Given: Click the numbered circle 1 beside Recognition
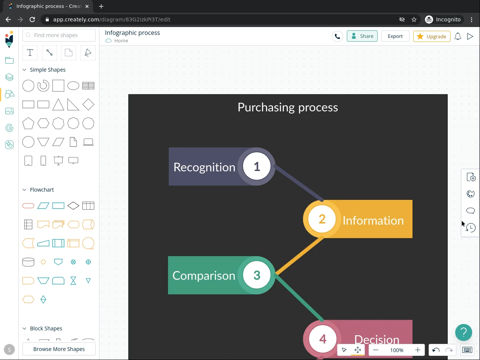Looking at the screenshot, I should pyautogui.click(x=257, y=166).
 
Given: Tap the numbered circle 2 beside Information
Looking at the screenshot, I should pyautogui.click(x=322, y=219).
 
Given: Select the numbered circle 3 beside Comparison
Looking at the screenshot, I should pyautogui.click(x=257, y=275).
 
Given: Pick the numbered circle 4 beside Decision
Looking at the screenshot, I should pyautogui.click(x=322, y=339).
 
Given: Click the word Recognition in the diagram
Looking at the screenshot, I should pyautogui.click(x=204, y=167).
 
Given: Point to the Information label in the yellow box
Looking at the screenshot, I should pyautogui.click(x=373, y=220).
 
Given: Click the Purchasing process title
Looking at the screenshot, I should pyautogui.click(x=288, y=108).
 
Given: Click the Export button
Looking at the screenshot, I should pyautogui.click(x=395, y=36).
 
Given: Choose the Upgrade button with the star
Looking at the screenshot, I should pyautogui.click(x=432, y=36).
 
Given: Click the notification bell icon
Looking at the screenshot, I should pyautogui.click(x=458, y=36).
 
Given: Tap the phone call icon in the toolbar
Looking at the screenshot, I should pyautogui.click(x=337, y=36).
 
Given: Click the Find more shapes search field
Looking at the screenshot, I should pyautogui.click(x=59, y=35).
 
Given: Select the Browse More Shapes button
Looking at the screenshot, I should pyautogui.click(x=59, y=349).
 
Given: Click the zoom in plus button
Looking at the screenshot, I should pyautogui.click(x=417, y=350).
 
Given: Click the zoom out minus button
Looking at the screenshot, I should pyautogui.click(x=376, y=350).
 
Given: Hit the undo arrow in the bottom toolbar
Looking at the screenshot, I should pyautogui.click(x=436, y=350).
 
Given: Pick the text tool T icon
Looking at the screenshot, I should pyautogui.click(x=30, y=53).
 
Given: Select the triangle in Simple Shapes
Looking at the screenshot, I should pyautogui.click(x=58, y=105).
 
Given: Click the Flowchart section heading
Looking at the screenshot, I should pyautogui.click(x=42, y=190).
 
